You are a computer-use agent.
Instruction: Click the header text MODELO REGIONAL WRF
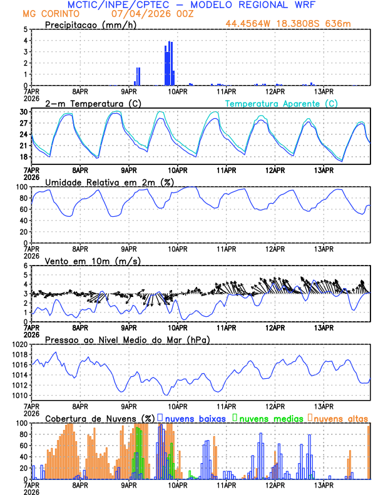pyautogui.click(x=257, y=5)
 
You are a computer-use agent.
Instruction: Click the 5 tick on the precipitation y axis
pyautogui.click(x=25, y=29)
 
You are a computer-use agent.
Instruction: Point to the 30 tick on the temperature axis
pyautogui.click(x=23, y=112)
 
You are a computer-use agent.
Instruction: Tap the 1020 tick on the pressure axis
pyautogui.click(x=19, y=344)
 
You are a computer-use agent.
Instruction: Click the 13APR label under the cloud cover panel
pyautogui.click(x=323, y=485)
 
